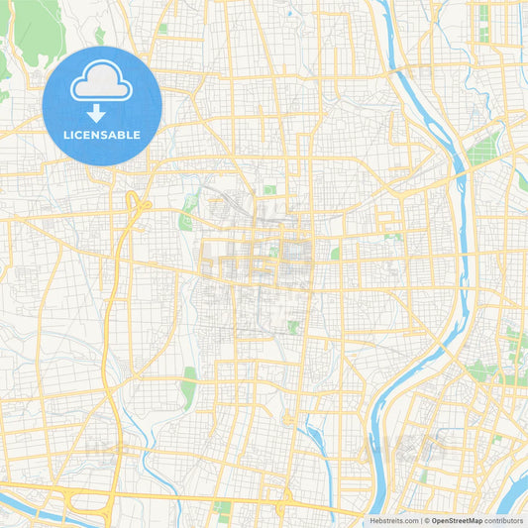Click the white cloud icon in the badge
[x=102, y=83]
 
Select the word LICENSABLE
[x=102, y=135]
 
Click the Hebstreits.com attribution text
[x=392, y=520]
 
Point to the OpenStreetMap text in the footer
[x=457, y=520]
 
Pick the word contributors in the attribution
[x=504, y=520]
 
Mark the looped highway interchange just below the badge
[x=136, y=203]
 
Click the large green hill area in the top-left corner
[x=35, y=25]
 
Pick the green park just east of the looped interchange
[x=186, y=215]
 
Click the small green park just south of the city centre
[x=292, y=326]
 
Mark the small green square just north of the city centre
[x=269, y=189]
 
